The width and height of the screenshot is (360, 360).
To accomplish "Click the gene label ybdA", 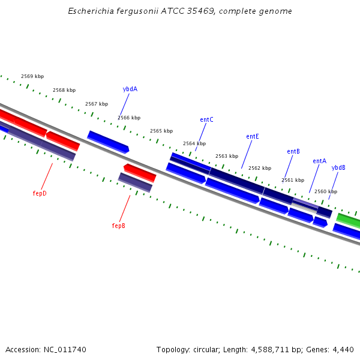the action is [x=130, y=89].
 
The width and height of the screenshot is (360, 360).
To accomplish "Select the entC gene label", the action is [x=206, y=119].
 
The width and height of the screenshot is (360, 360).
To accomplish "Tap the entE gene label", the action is [x=253, y=136].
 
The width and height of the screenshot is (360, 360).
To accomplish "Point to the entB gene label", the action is [x=293, y=151].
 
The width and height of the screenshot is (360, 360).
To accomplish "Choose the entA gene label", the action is [x=319, y=161].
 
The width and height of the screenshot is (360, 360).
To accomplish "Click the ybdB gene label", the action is [x=338, y=167].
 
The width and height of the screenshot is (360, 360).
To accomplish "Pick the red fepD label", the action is [x=40, y=193].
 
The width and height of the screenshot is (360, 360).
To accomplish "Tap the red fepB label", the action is [x=119, y=226].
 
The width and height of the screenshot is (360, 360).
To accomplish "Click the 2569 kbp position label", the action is [x=32, y=76].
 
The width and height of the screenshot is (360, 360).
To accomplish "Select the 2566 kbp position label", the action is [x=129, y=118].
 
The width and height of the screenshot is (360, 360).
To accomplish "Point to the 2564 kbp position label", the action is [x=194, y=143].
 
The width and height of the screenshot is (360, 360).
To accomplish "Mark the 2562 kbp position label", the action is [x=260, y=168].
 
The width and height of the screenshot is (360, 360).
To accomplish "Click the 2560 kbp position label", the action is [x=326, y=191].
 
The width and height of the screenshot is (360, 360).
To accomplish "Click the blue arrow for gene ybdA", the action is [x=108, y=141].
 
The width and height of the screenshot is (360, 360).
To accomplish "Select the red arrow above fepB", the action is [x=140, y=172].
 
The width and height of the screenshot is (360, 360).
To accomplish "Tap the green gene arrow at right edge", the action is [x=349, y=220].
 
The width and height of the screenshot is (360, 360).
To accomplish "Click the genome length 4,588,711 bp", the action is [x=265, y=349].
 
